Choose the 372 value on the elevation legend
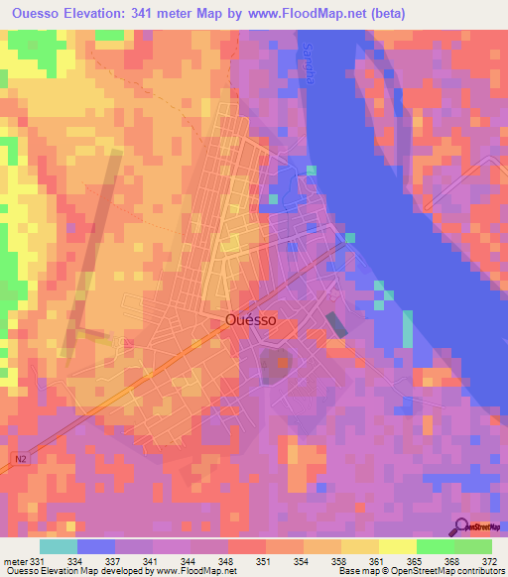click(490, 560)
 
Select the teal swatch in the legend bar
click(59, 546)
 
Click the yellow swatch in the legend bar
click(359, 546)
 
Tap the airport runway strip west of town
click(89, 253)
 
